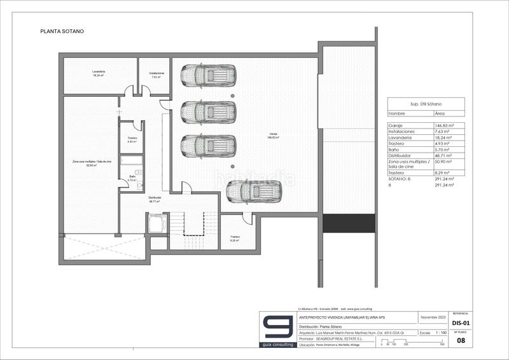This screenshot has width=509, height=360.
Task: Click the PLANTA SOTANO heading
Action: [62, 31]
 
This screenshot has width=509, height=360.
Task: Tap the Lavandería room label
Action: [98, 74]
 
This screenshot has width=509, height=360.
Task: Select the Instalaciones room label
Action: [154, 74]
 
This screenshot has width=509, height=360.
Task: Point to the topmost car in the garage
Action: [208, 76]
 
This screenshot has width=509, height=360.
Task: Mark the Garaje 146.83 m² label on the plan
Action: [274, 135]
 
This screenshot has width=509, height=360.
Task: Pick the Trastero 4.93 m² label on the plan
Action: [132, 140]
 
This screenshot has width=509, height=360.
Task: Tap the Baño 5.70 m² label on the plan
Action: [132, 178]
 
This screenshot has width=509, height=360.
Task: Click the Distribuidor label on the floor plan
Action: [155, 199]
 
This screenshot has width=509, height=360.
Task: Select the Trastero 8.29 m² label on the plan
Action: [235, 239]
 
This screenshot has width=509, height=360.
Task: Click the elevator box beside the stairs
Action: [157, 224]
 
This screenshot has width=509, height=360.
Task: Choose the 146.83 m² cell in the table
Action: [442, 126]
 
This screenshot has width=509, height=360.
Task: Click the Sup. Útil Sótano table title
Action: [426, 103]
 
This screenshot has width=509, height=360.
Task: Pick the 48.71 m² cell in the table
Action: [442, 155]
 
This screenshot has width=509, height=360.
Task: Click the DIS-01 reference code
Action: [460, 323]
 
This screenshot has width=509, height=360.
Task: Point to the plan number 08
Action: [460, 341]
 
